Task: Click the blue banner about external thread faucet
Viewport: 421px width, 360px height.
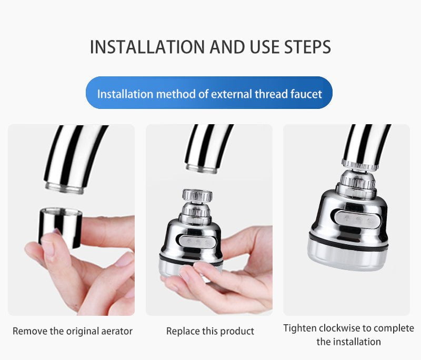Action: click(x=209, y=94)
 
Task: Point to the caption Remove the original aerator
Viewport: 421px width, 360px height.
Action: click(x=73, y=331)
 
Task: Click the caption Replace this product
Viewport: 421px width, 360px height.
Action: click(x=210, y=331)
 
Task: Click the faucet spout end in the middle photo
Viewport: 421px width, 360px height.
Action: click(x=202, y=168)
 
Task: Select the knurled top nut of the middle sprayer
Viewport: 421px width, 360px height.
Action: click(x=197, y=196)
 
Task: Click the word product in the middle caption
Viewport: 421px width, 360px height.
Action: click(x=237, y=331)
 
